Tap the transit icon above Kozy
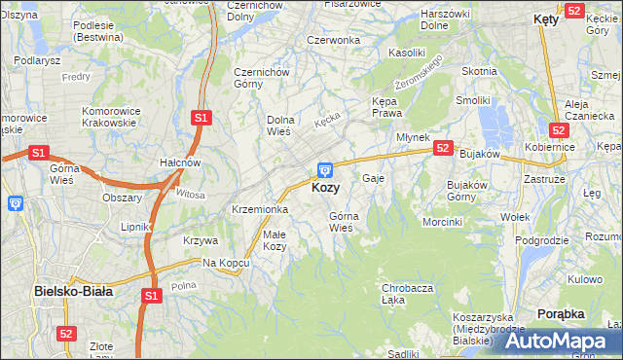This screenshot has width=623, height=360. click(325, 169)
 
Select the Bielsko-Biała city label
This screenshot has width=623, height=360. click(73, 290)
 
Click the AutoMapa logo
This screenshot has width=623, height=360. click(558, 342)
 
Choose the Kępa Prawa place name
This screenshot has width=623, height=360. click(386, 107)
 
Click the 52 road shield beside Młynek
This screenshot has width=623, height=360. click(443, 148)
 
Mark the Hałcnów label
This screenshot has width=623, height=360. click(180, 162)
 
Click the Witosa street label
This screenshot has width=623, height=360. click(191, 195)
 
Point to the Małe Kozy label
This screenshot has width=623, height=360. click(275, 240)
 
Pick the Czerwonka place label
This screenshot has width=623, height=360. click(333, 40)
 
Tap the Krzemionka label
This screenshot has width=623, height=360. click(259, 209)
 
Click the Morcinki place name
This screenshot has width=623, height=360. click(442, 222)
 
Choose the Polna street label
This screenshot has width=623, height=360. click(183, 285)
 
